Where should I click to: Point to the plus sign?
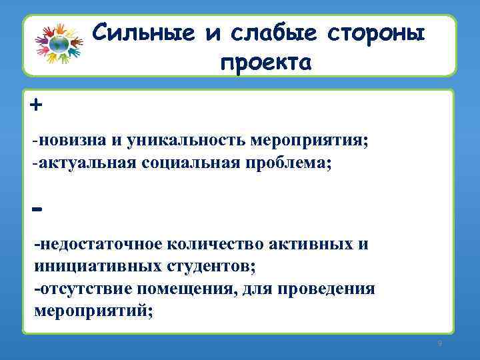pyautogui.click(x=35, y=105)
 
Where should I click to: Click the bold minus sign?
pyautogui.click(x=37, y=209)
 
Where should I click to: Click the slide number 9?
pyautogui.click(x=439, y=343)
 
